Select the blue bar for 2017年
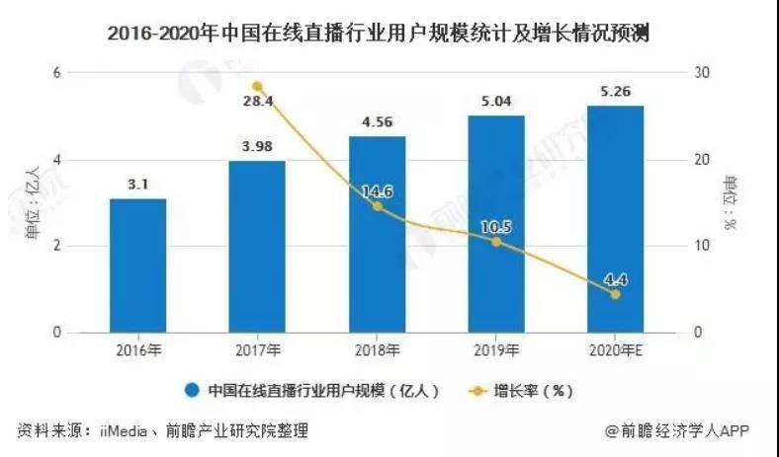257,247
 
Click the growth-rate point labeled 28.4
257,87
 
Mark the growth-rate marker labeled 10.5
496,242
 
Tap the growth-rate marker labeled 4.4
615,294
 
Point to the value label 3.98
257,145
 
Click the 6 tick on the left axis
57,73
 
